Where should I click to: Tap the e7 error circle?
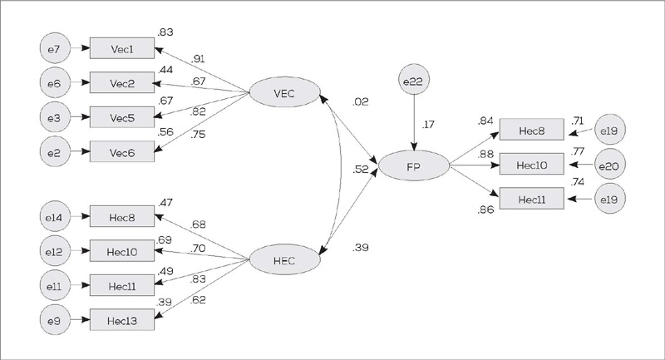[54, 50]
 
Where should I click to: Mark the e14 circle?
[54, 218]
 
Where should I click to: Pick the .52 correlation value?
[361, 170]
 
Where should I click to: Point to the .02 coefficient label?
[361, 102]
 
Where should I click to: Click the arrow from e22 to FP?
[413, 124]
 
